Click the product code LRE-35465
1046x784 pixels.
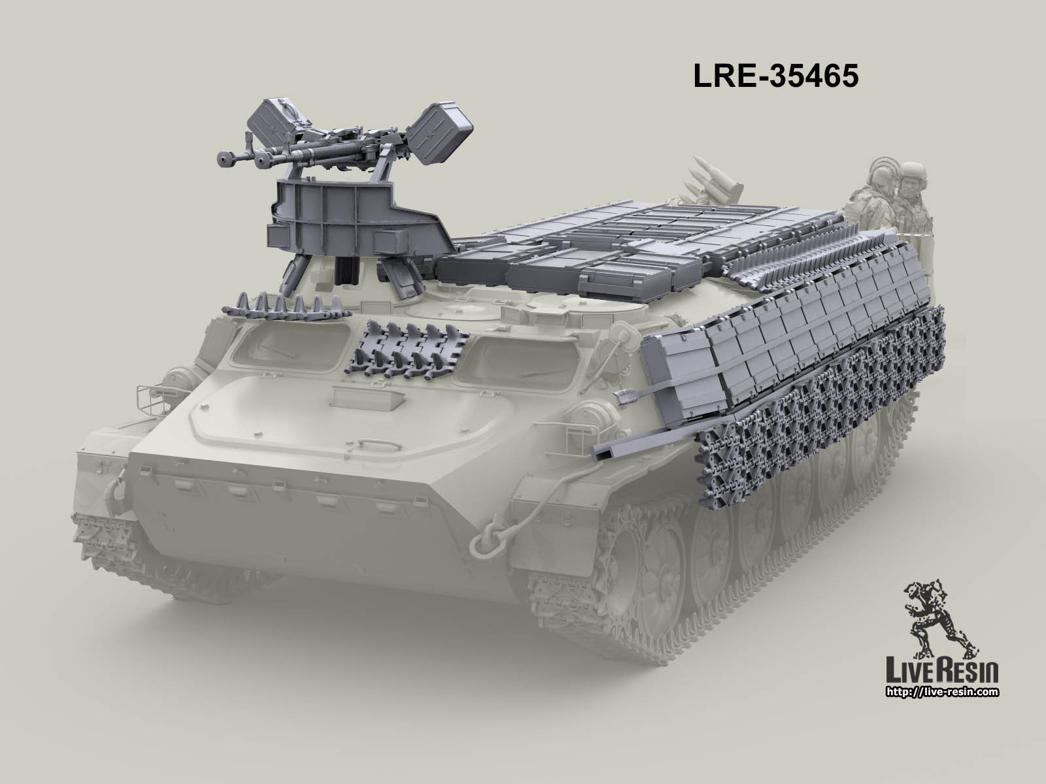pyautogui.click(x=775, y=76)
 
